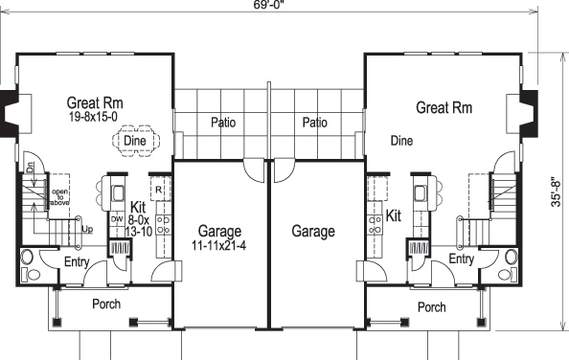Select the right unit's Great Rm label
tap(444, 108)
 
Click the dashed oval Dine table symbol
tap(134, 142)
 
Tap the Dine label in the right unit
tap(402, 141)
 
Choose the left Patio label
tap(223, 123)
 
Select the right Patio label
tap(315, 123)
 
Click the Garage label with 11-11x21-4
tap(220, 232)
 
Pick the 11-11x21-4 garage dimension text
tap(219, 246)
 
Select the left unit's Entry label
tap(78, 261)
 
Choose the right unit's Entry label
tap(461, 259)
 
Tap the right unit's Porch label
tap(432, 307)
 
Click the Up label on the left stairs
tap(87, 230)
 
